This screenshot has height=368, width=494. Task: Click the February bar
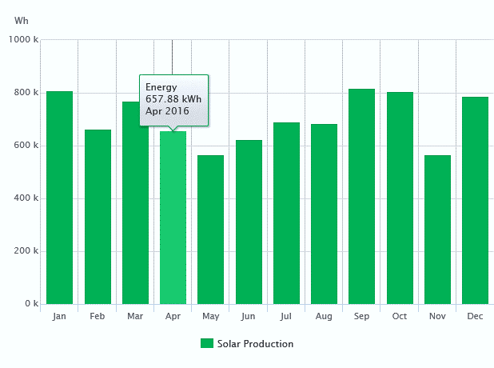[x=98, y=217]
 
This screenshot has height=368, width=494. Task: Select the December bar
[x=475, y=201]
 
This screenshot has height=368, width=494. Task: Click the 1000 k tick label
[x=23, y=40]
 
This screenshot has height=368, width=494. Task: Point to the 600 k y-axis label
[x=26, y=146]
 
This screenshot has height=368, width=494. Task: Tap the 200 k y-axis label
[x=26, y=251]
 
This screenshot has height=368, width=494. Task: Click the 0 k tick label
[x=30, y=304]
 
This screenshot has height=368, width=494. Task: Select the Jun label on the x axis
[x=249, y=317]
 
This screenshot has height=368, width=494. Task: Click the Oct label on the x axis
[x=400, y=317]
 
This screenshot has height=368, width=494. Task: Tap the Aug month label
[x=324, y=317]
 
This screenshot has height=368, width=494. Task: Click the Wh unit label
[x=22, y=19]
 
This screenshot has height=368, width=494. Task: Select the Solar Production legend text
[x=255, y=344]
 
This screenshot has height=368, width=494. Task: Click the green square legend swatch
[x=207, y=344]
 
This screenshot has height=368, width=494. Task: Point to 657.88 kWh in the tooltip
[x=173, y=98]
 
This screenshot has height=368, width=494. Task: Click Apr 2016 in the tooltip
[x=167, y=111]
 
